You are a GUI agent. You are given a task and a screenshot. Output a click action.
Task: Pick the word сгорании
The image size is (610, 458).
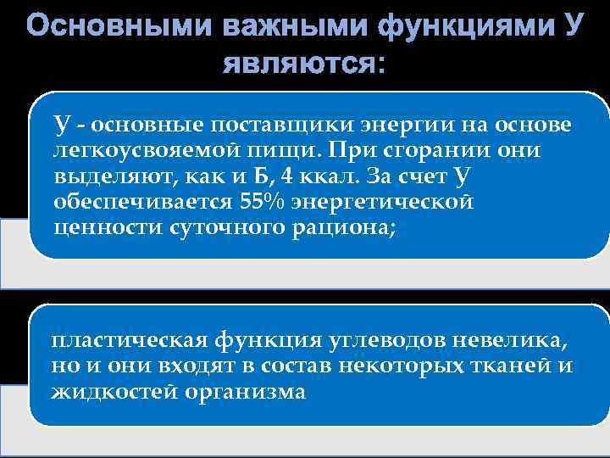pyautogui.click(x=437, y=151)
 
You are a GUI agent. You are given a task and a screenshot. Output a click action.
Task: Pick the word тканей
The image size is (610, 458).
pyautogui.click(x=517, y=366)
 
